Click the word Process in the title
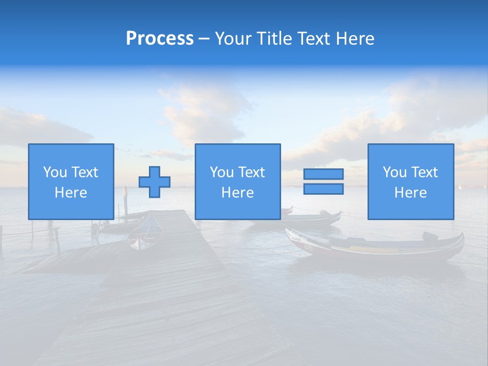(160, 39)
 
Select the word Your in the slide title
(233, 39)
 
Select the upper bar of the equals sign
(323, 174)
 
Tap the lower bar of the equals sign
(323, 189)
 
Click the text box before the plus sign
(71, 181)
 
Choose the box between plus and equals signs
(237, 181)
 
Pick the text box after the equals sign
(410, 181)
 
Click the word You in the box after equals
(394, 172)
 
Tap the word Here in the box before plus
(71, 193)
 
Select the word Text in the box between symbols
(252, 172)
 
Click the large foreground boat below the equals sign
(376, 247)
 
